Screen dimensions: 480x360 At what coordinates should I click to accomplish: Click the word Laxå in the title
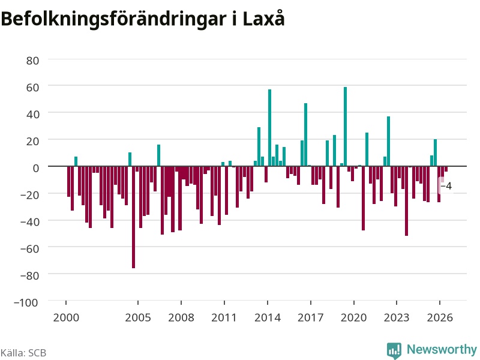263,19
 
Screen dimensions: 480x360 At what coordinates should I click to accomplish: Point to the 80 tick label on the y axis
33,61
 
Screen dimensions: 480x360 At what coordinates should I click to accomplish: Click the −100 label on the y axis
26,302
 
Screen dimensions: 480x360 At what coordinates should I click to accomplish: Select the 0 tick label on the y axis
36,168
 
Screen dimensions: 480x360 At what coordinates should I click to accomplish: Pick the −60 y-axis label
29,248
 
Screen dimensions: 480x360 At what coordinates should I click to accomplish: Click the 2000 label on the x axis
66,317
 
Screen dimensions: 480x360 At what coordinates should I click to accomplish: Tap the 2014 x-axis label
268,317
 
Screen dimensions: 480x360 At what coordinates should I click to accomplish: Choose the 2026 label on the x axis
440,317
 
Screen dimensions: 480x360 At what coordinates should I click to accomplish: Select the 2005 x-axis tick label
138,317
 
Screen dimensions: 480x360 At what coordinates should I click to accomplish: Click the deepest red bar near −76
133,217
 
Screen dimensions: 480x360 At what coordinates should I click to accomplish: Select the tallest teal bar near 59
346,127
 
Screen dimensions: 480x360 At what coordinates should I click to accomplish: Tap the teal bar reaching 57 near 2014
269,128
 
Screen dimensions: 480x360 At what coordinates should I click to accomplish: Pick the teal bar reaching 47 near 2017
305,134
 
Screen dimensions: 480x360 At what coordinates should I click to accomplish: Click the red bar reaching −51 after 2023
407,201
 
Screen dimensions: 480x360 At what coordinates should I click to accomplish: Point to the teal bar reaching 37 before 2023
388,142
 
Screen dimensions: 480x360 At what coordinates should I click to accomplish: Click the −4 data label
446,186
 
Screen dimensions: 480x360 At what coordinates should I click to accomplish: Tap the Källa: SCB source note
23,353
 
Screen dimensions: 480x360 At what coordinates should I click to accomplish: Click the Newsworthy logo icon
394,350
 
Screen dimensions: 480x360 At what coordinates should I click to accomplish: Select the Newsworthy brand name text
442,349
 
